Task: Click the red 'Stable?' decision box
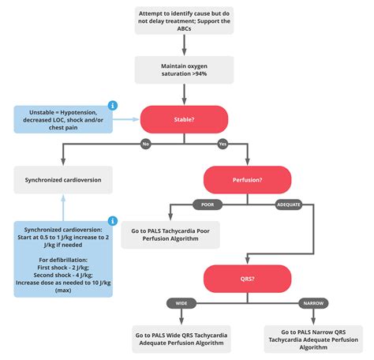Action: [184, 119]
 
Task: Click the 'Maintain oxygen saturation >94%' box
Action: [184, 69]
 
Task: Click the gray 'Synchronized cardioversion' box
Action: [63, 179]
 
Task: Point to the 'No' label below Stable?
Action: [146, 144]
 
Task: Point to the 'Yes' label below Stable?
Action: [222, 144]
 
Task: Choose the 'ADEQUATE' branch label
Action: [287, 204]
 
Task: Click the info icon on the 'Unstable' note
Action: [113, 105]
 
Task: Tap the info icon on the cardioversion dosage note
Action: [113, 220]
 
